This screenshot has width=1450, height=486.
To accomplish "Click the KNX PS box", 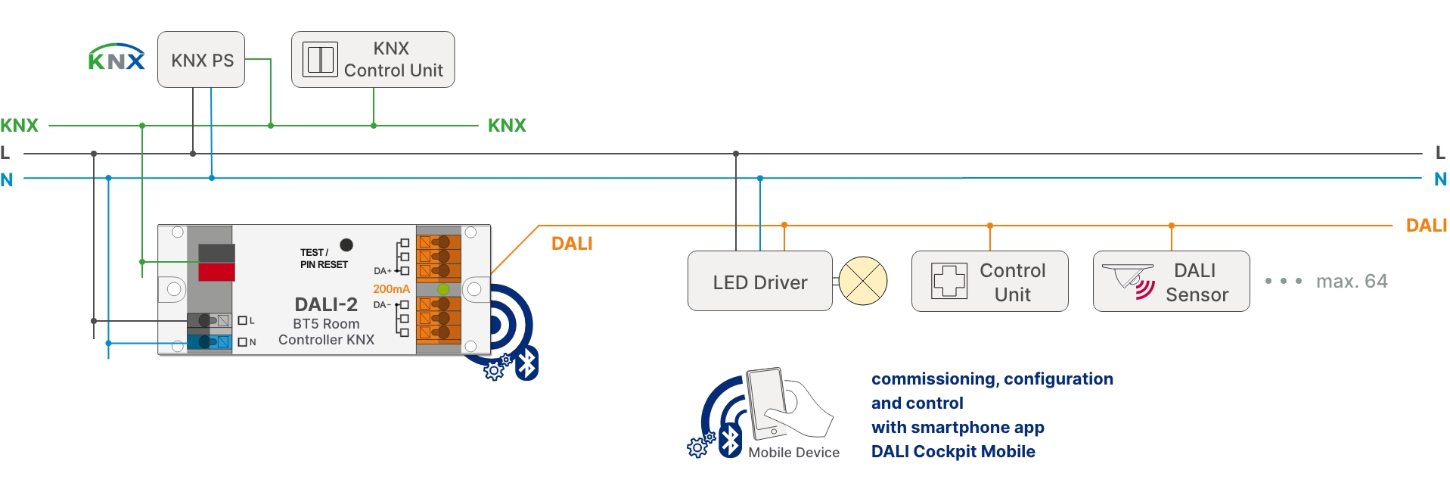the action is (x=201, y=60).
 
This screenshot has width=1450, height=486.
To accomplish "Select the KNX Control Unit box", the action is (x=373, y=60).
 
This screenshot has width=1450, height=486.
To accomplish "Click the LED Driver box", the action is (x=759, y=281).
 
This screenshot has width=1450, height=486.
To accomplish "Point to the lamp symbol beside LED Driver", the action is (x=863, y=281).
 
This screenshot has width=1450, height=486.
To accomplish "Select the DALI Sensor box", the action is (x=1171, y=281).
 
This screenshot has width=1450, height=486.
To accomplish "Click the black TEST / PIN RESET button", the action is (x=346, y=245).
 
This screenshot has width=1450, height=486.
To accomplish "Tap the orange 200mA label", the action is (x=391, y=288).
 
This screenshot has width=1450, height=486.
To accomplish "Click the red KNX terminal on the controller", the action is (x=216, y=272).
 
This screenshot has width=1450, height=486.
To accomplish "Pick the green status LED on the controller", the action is (x=443, y=289).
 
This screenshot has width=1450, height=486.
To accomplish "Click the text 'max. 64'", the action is (x=1352, y=281).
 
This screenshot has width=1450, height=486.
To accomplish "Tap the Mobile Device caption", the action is (x=793, y=452).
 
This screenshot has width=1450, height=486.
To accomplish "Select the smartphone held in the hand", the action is (x=767, y=403).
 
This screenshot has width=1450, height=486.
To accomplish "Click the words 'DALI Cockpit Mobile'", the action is (x=953, y=451).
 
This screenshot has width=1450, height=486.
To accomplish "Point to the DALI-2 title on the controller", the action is (x=326, y=304).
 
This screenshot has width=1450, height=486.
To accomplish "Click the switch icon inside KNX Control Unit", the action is (x=320, y=59).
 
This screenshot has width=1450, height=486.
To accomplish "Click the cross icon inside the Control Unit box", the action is (x=949, y=281).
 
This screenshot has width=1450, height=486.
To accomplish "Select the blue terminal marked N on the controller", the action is (x=210, y=342).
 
